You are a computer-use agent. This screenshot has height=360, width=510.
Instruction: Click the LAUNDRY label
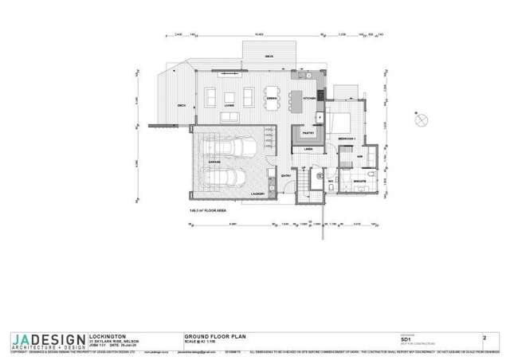pyautogui.click(x=257, y=194)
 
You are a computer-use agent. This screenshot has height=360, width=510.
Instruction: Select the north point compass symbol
pyautogui.click(x=422, y=119)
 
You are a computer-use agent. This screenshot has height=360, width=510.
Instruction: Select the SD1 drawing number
pyautogui.click(x=406, y=339)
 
